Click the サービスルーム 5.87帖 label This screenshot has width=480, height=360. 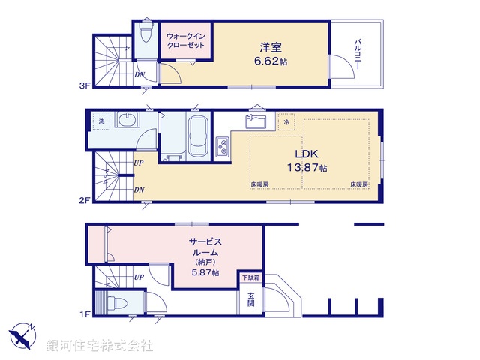pyautogui.click(x=205, y=256)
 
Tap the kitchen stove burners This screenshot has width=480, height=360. pyautogui.click(x=223, y=148)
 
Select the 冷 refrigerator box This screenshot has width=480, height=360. pyautogui.click(x=286, y=121)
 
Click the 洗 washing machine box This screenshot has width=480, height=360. pyautogui.click(x=100, y=121)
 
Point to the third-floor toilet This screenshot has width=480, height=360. pyautogui.click(x=145, y=37)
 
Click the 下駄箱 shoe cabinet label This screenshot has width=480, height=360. pyautogui.click(x=250, y=278)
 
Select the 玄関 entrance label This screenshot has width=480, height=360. pyautogui.click(x=250, y=298)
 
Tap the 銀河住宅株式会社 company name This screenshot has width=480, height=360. pyautogui.click(x=100, y=346)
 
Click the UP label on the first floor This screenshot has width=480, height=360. pyautogui.click(x=139, y=277)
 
